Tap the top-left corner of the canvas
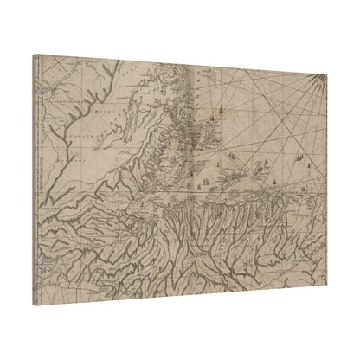click(x=35, y=55)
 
